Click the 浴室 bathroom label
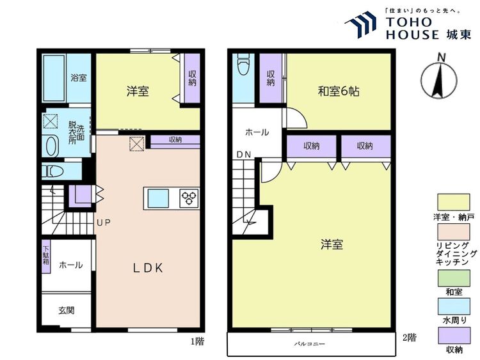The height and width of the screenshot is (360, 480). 79,78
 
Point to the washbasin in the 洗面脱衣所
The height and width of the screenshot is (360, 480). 51,145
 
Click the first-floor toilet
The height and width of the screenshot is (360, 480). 52,171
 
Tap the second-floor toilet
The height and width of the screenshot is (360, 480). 243,67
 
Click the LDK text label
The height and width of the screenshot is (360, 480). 148,269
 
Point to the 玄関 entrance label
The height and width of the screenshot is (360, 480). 66,311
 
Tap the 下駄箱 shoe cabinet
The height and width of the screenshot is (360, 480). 46,258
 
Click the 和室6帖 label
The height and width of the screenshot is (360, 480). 339,91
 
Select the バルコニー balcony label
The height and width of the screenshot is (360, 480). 310,344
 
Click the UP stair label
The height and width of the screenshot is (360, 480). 104,223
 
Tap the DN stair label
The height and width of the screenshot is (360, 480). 243,155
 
